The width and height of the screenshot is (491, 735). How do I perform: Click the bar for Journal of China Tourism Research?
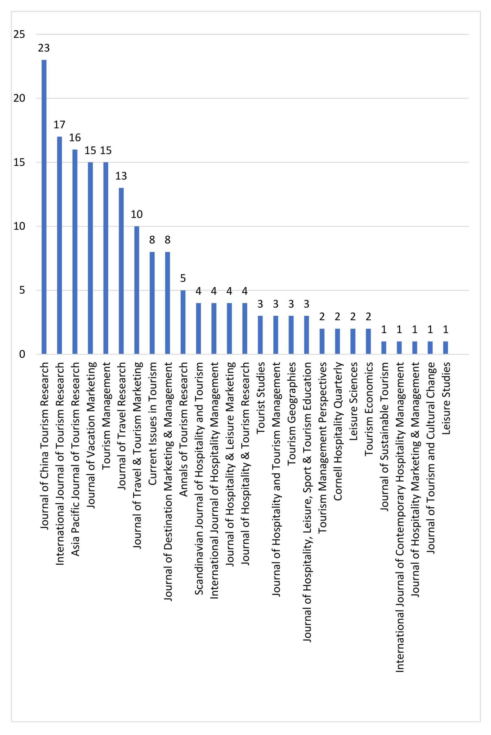tap(44, 207)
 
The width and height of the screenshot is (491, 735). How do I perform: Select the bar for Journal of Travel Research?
tap(121, 271)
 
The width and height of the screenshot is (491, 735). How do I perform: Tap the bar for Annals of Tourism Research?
tap(183, 322)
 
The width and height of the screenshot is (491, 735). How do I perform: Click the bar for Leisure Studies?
tap(446, 348)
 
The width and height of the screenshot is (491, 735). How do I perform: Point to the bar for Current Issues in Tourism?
tap(152, 303)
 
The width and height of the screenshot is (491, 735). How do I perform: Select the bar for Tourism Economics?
tap(368, 341)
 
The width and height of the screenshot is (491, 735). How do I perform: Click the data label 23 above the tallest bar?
tap(44, 48)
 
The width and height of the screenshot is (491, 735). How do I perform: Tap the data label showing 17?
tap(59, 125)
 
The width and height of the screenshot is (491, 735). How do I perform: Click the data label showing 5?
tap(183, 278)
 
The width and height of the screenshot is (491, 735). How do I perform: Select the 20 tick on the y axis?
tap(20, 98)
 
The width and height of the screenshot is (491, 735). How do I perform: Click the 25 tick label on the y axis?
tap(20, 34)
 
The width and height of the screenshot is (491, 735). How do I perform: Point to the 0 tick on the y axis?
tap(22, 354)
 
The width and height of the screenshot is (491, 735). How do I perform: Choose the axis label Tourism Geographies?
tap(291, 413)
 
